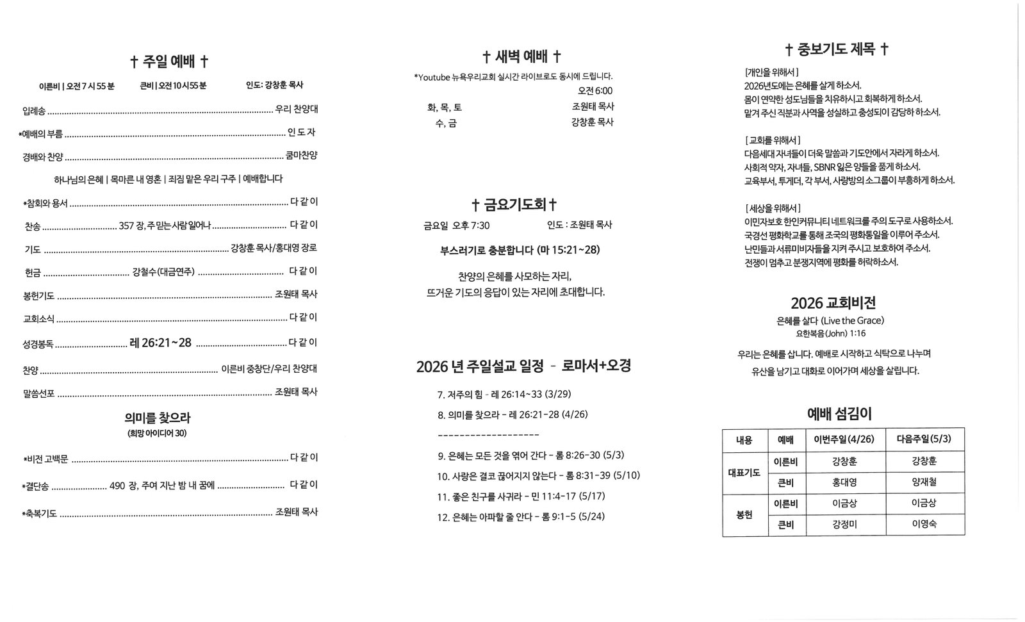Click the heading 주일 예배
[169, 61]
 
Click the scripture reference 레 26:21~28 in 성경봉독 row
[160, 343]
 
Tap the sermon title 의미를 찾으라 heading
[158, 418]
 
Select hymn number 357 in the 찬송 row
[126, 225]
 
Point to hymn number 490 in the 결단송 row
[117, 486]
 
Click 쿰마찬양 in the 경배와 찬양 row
[301, 156]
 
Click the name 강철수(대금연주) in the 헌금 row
[163, 272]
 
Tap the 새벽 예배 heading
[521, 56]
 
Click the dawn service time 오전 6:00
[594, 91]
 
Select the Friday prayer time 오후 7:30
[471, 225]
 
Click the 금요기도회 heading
[514, 204]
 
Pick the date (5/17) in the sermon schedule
[591, 496]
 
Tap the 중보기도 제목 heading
[837, 49]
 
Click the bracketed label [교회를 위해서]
[772, 140]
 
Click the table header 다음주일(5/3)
[924, 439]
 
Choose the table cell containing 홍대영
[844, 482]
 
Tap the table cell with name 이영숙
[924, 524]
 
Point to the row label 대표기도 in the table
[744, 473]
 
